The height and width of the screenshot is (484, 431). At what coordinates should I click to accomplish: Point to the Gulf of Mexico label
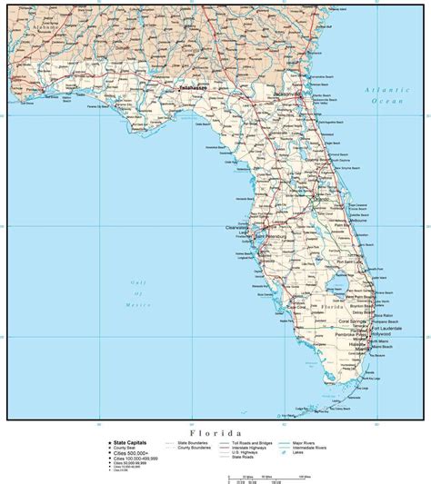coord(139,294)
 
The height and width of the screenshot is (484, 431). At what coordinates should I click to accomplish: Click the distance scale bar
coord(265,472)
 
